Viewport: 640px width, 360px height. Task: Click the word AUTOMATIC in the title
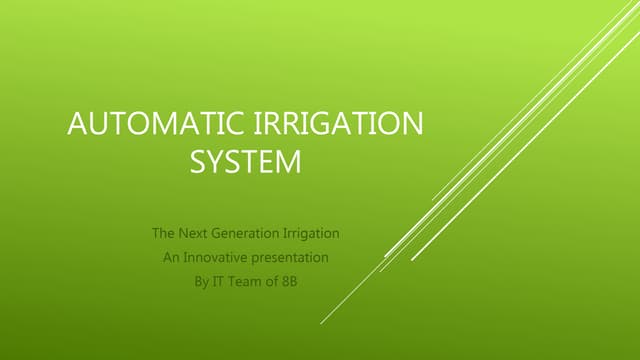tap(150, 127)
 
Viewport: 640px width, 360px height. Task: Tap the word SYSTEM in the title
tap(245, 162)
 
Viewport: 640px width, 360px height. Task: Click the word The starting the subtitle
tap(163, 233)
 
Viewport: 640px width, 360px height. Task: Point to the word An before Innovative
tap(171, 257)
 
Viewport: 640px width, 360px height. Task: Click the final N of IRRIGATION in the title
tap(411, 127)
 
